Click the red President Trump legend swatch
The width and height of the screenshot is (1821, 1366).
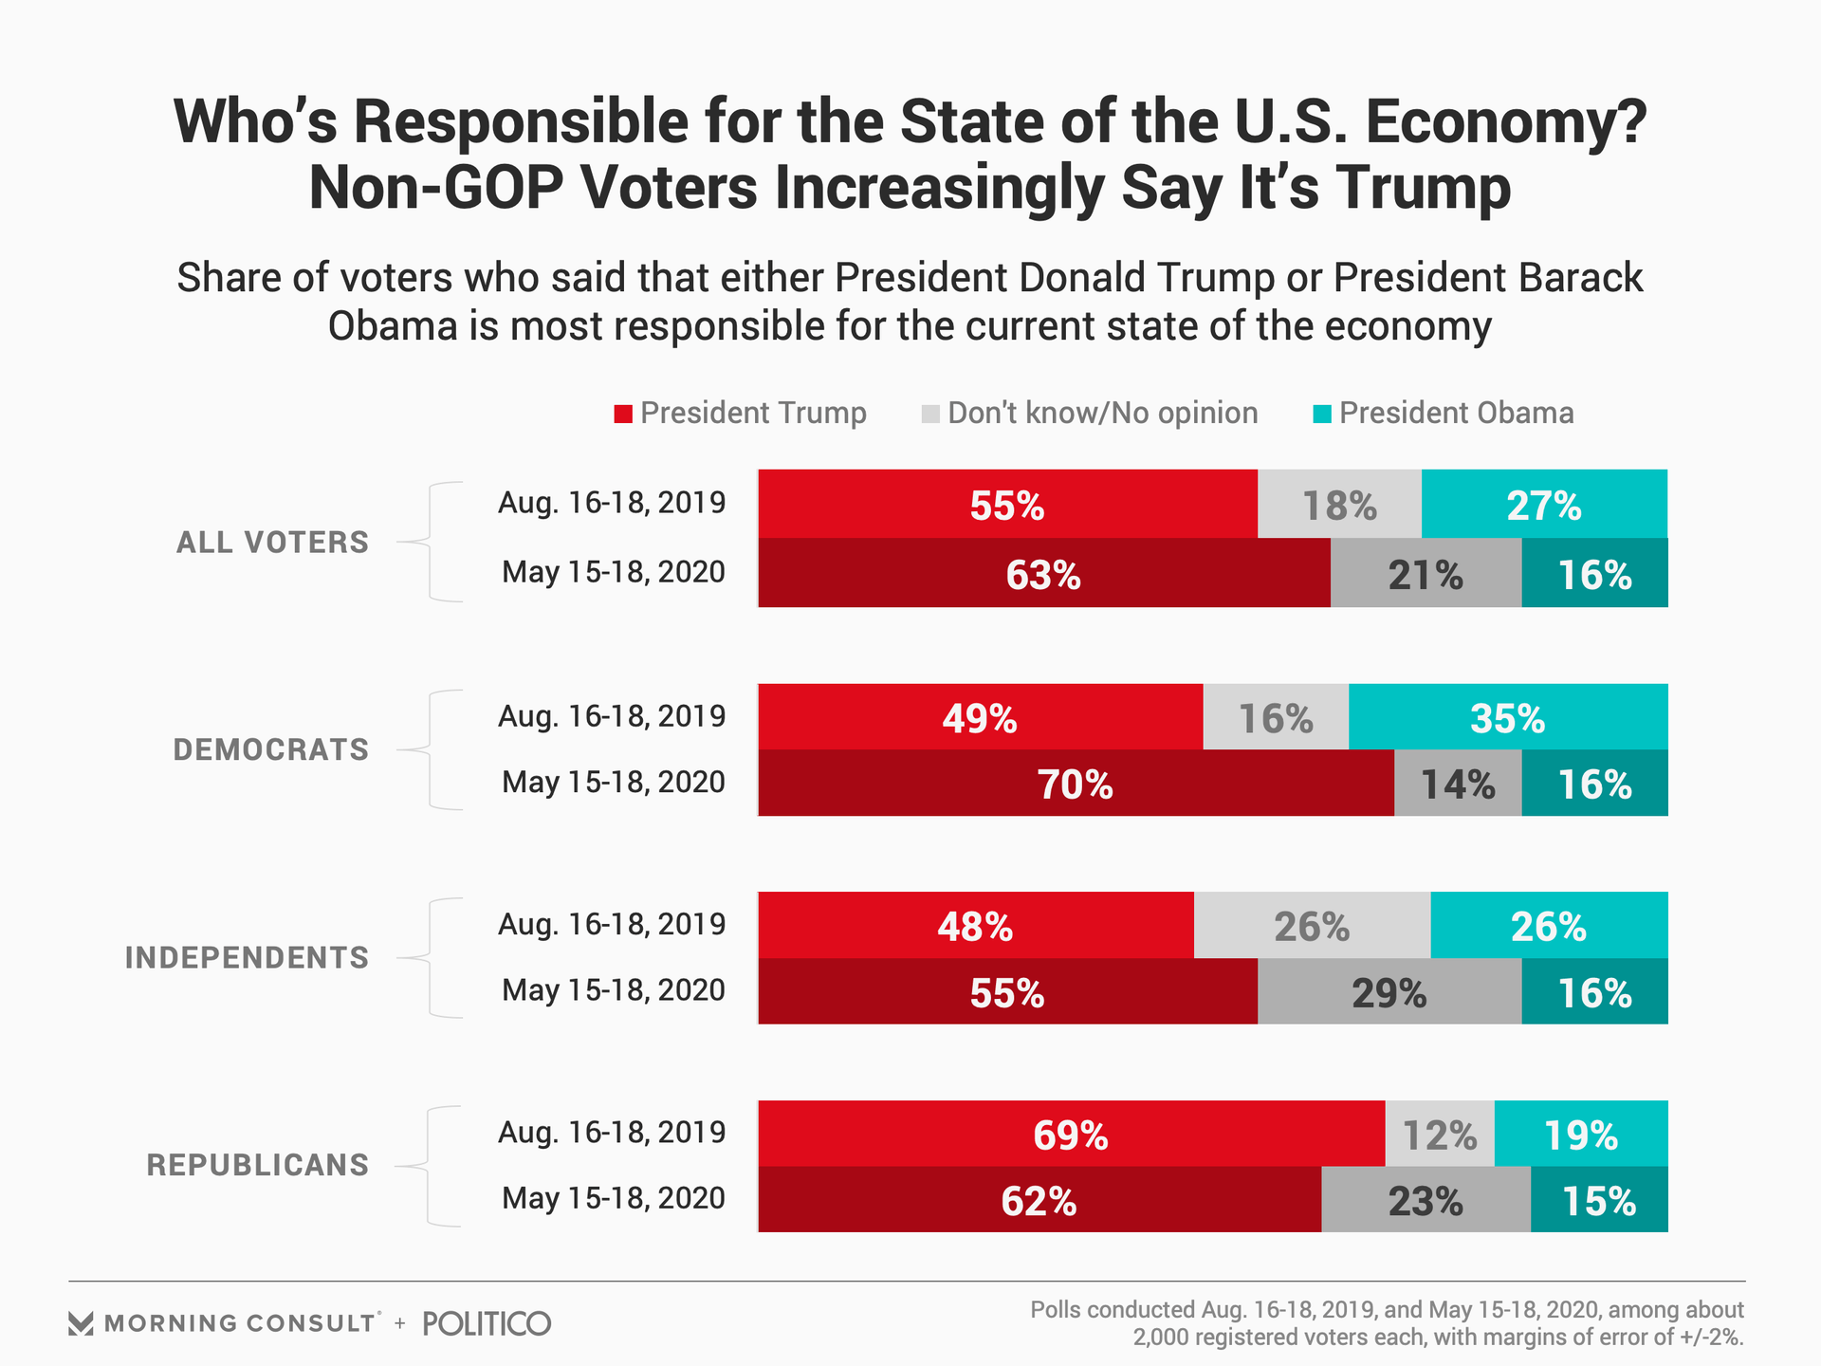tap(623, 414)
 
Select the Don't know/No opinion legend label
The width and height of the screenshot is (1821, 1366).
tap(1102, 414)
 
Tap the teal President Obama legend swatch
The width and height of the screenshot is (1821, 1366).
tap(1322, 414)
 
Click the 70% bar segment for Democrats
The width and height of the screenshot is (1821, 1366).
tap(1076, 784)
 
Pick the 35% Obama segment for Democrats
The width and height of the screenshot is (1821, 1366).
tap(1507, 717)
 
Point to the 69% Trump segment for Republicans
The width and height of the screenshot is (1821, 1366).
tap(1071, 1135)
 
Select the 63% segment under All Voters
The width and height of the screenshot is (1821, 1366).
tap(1043, 574)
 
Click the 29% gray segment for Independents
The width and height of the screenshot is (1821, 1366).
tap(1389, 992)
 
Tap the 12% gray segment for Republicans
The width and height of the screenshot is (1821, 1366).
tap(1439, 1135)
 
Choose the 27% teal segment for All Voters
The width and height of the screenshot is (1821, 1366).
tap(1543, 505)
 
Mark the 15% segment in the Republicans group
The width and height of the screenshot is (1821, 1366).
tap(1598, 1201)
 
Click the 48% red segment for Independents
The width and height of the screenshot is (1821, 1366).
tap(975, 926)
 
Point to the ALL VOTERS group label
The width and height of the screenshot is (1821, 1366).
tap(272, 543)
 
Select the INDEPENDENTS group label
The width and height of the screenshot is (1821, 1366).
tap(247, 958)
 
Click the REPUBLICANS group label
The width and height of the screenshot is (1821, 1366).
tap(257, 1165)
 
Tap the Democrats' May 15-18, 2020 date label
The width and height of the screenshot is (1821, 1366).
tap(613, 783)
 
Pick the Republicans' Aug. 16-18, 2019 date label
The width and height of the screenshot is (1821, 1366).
tap(612, 1133)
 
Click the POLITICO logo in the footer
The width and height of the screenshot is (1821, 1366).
tap(487, 1323)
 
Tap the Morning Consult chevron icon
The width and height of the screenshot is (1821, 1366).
tap(82, 1323)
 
